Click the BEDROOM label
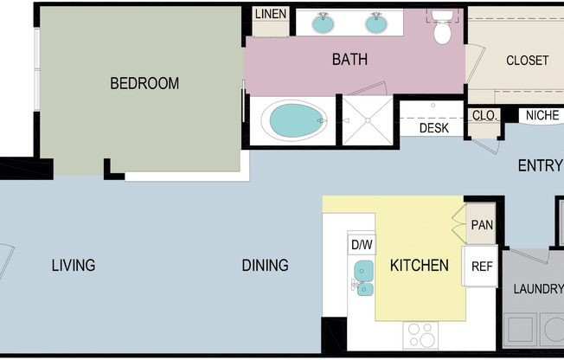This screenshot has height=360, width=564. click(144, 84)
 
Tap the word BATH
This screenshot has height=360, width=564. click(349, 60)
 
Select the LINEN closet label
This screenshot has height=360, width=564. click(271, 15)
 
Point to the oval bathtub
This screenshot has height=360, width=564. click(294, 121)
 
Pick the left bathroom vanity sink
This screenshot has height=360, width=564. click(324, 22)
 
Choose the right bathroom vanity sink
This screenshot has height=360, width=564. click(376, 22)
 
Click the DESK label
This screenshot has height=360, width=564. click(433, 128)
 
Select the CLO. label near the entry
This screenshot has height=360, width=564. click(483, 115)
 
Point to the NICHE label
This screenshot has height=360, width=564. click(542, 115)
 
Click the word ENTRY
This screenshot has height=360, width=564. click(540, 166)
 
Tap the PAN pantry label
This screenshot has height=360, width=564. click(482, 225)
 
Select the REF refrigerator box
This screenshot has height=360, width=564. click(481, 267)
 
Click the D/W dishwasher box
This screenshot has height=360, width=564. click(362, 245)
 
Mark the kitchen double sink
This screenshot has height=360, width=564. click(363, 278)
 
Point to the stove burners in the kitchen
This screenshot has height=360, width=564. click(422, 334)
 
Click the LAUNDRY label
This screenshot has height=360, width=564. click(538, 288)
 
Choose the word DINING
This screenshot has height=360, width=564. click(265, 266)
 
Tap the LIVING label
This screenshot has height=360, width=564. click(73, 266)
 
